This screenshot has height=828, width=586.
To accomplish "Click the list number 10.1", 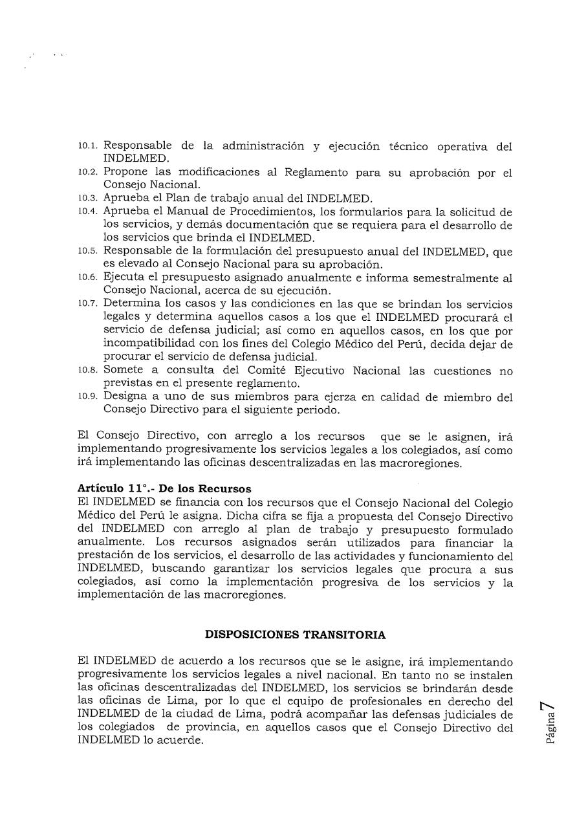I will (x=89, y=147).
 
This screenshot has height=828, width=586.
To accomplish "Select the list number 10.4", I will (x=89, y=212).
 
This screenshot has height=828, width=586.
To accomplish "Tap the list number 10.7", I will (x=89, y=304).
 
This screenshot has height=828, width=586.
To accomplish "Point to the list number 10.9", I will (x=89, y=397).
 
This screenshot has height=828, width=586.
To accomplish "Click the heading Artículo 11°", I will (x=116, y=488).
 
